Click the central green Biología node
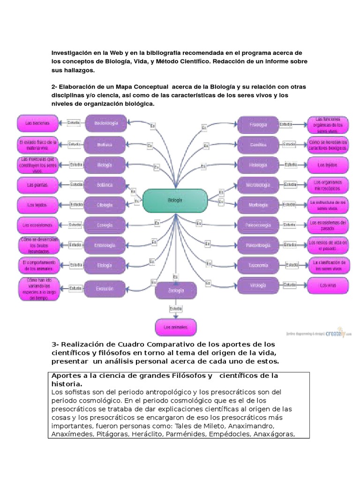pos(175,200)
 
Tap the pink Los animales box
pos(175,327)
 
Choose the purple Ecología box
pos(106,225)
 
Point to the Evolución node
pos(106,289)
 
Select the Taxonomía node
pos(258,266)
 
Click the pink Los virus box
pos(328,285)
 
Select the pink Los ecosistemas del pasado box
pos(328,225)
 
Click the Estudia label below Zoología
pos(175,309)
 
